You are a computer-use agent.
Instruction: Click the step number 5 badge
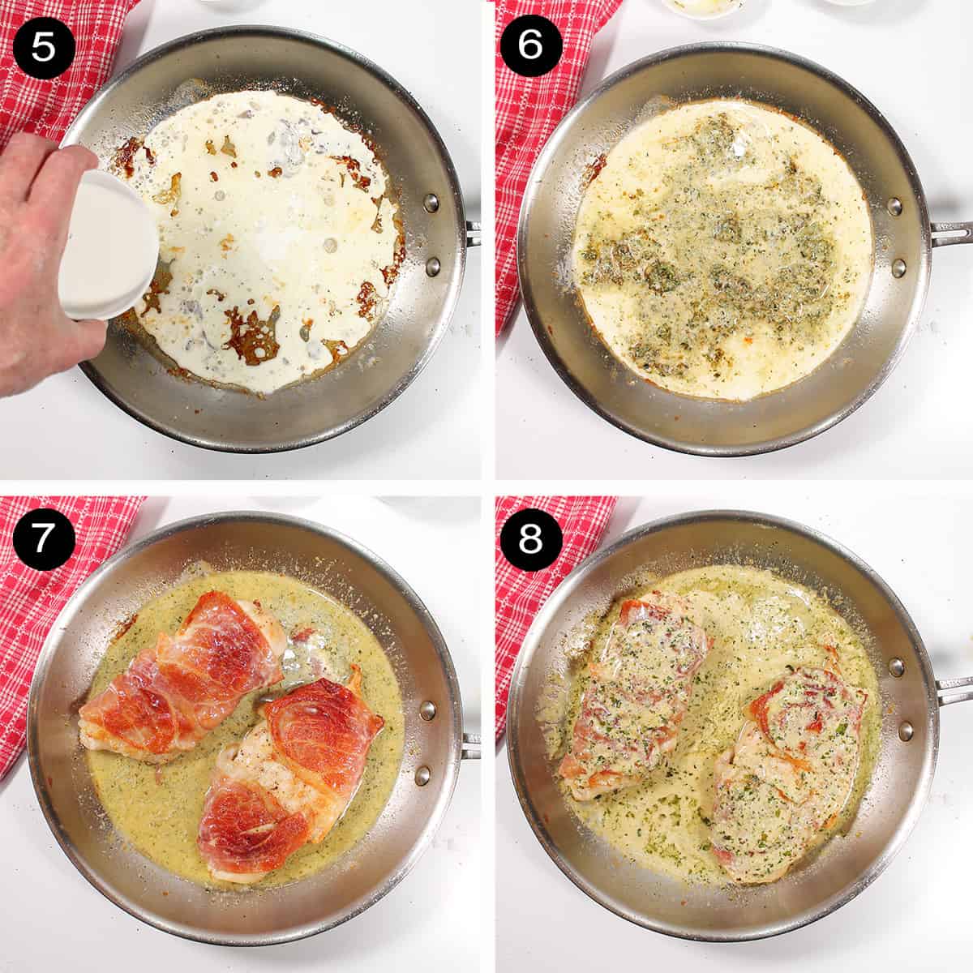[44, 47]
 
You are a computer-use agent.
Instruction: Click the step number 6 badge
[530, 45]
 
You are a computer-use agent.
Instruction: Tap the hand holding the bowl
[45, 263]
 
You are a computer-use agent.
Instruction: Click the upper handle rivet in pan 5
[431, 203]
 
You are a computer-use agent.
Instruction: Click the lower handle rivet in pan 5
[432, 266]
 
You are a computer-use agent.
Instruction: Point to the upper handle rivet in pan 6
[894, 205]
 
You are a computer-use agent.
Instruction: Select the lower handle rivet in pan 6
[898, 268]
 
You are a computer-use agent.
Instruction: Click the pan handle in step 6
[951, 234]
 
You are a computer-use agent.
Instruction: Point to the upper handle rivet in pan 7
[427, 711]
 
